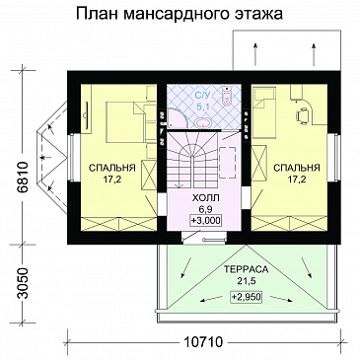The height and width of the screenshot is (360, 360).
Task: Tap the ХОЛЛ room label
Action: tap(203, 198)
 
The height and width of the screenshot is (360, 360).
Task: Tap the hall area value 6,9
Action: tap(203, 209)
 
